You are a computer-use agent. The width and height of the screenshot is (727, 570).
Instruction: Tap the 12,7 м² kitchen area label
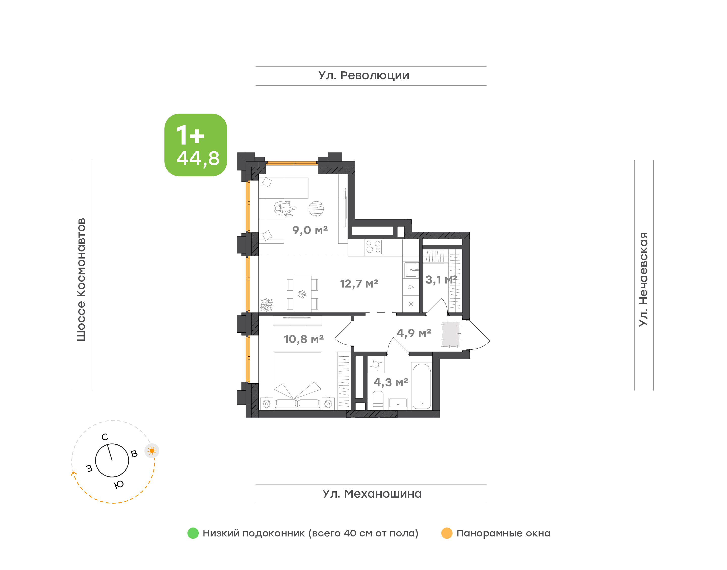point(359,284)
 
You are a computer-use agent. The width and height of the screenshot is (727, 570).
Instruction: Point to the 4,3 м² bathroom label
point(391,382)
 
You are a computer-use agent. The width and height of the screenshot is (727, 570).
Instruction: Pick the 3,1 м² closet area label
point(441,280)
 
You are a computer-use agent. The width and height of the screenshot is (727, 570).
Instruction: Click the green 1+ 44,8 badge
point(196,145)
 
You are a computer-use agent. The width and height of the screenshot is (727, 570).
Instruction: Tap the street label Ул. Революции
point(364,75)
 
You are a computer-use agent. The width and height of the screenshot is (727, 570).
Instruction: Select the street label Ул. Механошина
point(372,494)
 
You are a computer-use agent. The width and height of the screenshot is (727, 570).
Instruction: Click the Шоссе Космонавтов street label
point(81,280)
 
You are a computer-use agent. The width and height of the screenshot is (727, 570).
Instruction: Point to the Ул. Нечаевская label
point(643,279)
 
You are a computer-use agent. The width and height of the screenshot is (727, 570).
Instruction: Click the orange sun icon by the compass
point(152,451)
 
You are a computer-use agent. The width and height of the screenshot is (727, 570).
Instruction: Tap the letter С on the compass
point(105,437)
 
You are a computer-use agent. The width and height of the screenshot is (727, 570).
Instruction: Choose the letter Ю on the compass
point(119,484)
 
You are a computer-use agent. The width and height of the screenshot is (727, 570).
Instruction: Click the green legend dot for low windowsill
point(193,533)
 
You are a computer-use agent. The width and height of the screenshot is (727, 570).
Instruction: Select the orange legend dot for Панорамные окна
point(447,533)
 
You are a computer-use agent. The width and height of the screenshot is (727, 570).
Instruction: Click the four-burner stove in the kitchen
point(373,247)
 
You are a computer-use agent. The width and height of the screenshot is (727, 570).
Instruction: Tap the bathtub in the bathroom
point(422,386)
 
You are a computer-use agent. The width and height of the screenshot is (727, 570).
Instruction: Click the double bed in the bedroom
point(297,380)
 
